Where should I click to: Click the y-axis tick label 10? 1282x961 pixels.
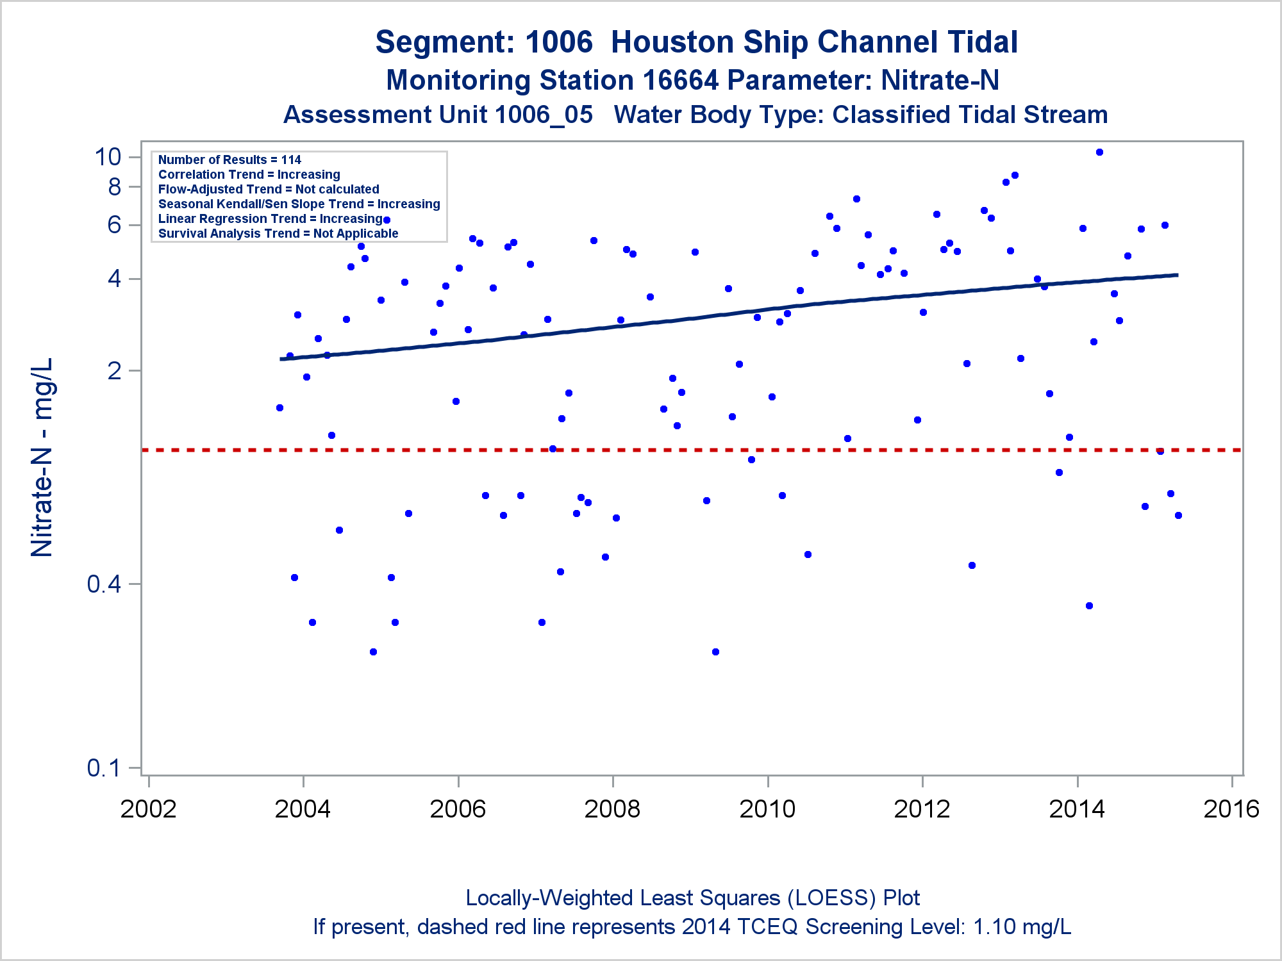click(x=108, y=157)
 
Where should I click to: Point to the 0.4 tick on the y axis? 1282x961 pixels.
click(x=104, y=584)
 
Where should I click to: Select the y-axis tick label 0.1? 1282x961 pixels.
click(x=104, y=768)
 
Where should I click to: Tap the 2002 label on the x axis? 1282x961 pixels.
click(x=148, y=809)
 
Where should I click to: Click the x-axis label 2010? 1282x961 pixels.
click(x=767, y=809)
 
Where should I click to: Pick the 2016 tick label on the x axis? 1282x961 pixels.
click(x=1231, y=809)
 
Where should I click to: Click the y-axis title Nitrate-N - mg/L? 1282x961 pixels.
click(x=42, y=457)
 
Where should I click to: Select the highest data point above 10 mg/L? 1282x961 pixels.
click(x=1099, y=152)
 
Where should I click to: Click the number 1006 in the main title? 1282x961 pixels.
click(x=559, y=42)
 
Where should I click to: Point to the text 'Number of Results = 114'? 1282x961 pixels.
click(x=229, y=160)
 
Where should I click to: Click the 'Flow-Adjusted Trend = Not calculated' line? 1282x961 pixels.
click(x=269, y=190)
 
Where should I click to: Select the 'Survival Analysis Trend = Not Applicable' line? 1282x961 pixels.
click(x=278, y=234)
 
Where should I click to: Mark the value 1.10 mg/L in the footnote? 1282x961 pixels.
click(x=1022, y=927)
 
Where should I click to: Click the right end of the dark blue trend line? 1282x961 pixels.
click(x=1177, y=275)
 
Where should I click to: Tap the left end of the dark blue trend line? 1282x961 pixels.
click(x=281, y=359)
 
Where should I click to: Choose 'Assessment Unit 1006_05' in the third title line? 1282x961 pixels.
click(x=438, y=115)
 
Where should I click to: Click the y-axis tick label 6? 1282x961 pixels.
click(x=115, y=225)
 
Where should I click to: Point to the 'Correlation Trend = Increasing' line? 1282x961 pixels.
click(x=249, y=175)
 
